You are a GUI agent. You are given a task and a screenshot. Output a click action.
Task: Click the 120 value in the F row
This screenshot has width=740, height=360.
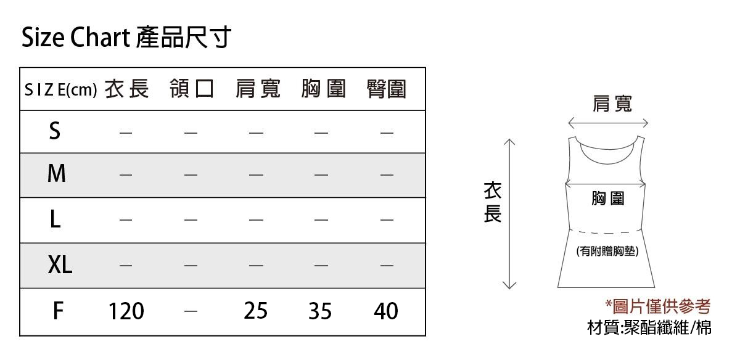coord(126,311)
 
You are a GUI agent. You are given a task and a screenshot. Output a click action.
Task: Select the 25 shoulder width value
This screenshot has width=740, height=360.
coord(256,311)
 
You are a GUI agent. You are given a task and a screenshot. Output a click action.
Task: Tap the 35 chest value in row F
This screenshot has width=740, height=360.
coord(320,311)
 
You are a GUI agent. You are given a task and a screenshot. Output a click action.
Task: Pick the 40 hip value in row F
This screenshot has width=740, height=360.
coord(386,311)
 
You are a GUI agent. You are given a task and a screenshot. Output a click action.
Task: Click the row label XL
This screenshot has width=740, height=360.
coord(60,265)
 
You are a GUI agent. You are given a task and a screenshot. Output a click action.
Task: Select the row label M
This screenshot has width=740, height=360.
coord(57,173)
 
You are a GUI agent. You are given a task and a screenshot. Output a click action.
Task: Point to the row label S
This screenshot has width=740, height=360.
coord(55,131)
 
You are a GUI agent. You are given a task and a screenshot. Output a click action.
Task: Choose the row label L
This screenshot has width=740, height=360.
coord(55,219)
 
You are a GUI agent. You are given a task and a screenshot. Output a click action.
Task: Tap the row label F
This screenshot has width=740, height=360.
coord(58,311)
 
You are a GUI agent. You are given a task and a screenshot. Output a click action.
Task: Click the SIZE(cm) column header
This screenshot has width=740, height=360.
coord(61,90)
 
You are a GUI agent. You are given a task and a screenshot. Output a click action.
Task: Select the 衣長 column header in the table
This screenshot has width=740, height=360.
coord(127,89)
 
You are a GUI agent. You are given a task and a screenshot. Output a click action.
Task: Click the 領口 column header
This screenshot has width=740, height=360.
coord(192,89)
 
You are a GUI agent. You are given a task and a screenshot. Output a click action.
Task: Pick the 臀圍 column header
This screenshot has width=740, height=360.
coord(387,89)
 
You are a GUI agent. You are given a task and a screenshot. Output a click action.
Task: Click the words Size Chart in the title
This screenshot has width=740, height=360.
coord(76,38)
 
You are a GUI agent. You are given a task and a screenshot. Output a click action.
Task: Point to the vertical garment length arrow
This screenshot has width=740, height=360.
coord(509,214)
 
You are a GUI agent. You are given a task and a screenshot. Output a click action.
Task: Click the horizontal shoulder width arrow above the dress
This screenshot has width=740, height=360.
coord(608,123)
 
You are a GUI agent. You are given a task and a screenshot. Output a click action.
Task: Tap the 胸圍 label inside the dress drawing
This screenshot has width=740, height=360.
coord(608,198)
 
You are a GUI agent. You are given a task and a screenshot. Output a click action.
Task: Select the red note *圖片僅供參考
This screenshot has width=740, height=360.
coord(658,306)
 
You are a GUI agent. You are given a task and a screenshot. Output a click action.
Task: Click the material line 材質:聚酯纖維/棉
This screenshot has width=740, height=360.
coord(649,327)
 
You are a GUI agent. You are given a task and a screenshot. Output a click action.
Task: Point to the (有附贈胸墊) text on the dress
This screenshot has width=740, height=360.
coord(607,252)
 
